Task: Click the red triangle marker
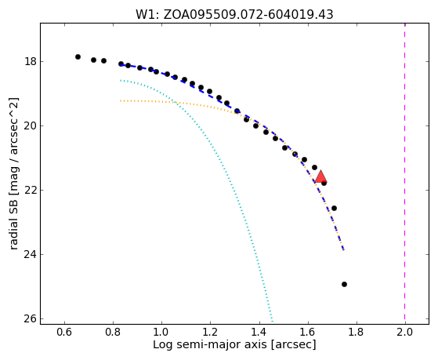pyautogui.click(x=320, y=176)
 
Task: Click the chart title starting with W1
pyautogui.click(x=234, y=15)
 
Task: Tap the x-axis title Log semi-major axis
pyautogui.click(x=234, y=344)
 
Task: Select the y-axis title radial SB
pyautogui.click(x=13, y=173)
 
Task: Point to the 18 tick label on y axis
pyautogui.click(x=31, y=61)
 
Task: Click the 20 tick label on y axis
pyautogui.click(x=31, y=125)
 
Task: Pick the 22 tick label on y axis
pyautogui.click(x=31, y=191)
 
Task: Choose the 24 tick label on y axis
pyautogui.click(x=31, y=255)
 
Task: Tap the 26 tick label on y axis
pyautogui.click(x=31, y=319)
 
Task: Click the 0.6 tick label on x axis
pyautogui.click(x=64, y=332)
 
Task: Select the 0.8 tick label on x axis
pyautogui.click(x=113, y=332)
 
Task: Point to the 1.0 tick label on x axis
pyautogui.click(x=161, y=332)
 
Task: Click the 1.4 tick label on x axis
pyautogui.click(x=259, y=332)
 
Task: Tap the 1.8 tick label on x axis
pyautogui.click(x=357, y=332)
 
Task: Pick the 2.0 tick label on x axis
pyautogui.click(x=405, y=332)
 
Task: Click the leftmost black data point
pyautogui.click(x=78, y=56)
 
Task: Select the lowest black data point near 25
pyautogui.click(x=344, y=284)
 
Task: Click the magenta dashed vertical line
pyautogui.click(x=405, y=173)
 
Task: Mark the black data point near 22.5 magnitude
pyautogui.click(x=334, y=208)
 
